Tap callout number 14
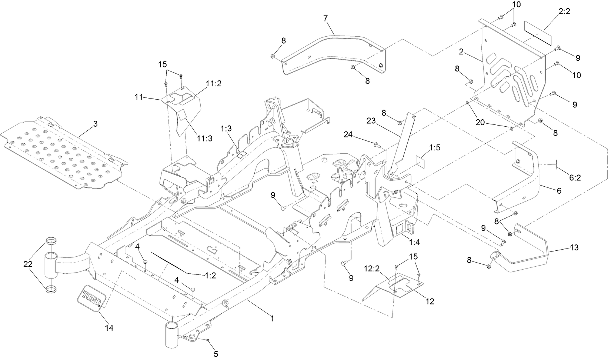click(x=109, y=328)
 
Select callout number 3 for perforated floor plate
click(x=95, y=124)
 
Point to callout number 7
click(x=325, y=19)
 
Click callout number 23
click(x=371, y=120)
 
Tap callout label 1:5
click(x=435, y=148)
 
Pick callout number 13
click(x=574, y=248)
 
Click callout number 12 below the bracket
click(x=430, y=301)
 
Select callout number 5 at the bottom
click(x=216, y=354)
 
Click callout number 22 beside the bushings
click(x=28, y=264)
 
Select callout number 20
click(x=480, y=123)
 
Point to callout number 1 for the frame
click(x=272, y=318)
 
